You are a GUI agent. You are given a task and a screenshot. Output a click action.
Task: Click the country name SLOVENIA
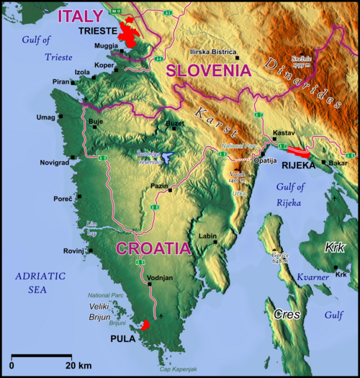pos(208,71)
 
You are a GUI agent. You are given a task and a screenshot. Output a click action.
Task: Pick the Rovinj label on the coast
pos(75,251)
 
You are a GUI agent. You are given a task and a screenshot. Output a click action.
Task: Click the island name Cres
pos(287,315)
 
